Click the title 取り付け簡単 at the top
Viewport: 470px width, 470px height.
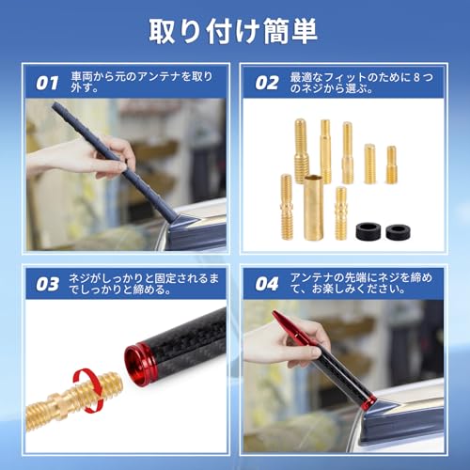point(235,30)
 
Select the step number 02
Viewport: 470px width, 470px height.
point(268,83)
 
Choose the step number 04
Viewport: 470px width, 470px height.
point(268,281)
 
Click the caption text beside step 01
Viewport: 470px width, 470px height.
point(141,83)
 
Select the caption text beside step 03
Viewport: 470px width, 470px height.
point(141,281)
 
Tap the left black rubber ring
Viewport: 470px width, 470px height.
point(366,228)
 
